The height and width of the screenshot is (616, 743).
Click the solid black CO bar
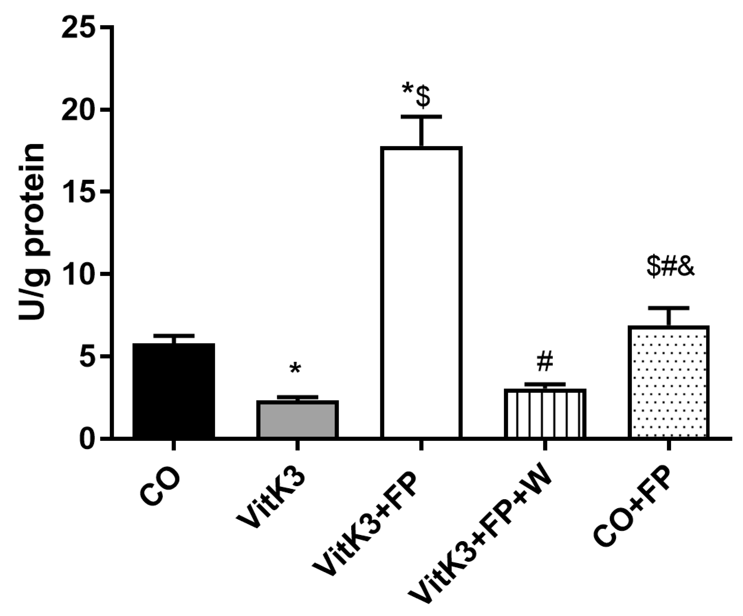pos(173,390)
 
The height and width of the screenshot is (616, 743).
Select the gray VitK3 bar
pos(297,420)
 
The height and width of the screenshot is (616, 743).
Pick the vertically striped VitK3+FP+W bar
pos(545,413)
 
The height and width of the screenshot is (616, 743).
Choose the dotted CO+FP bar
pos(669,382)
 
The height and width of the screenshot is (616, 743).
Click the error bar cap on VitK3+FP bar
pos(421,116)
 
